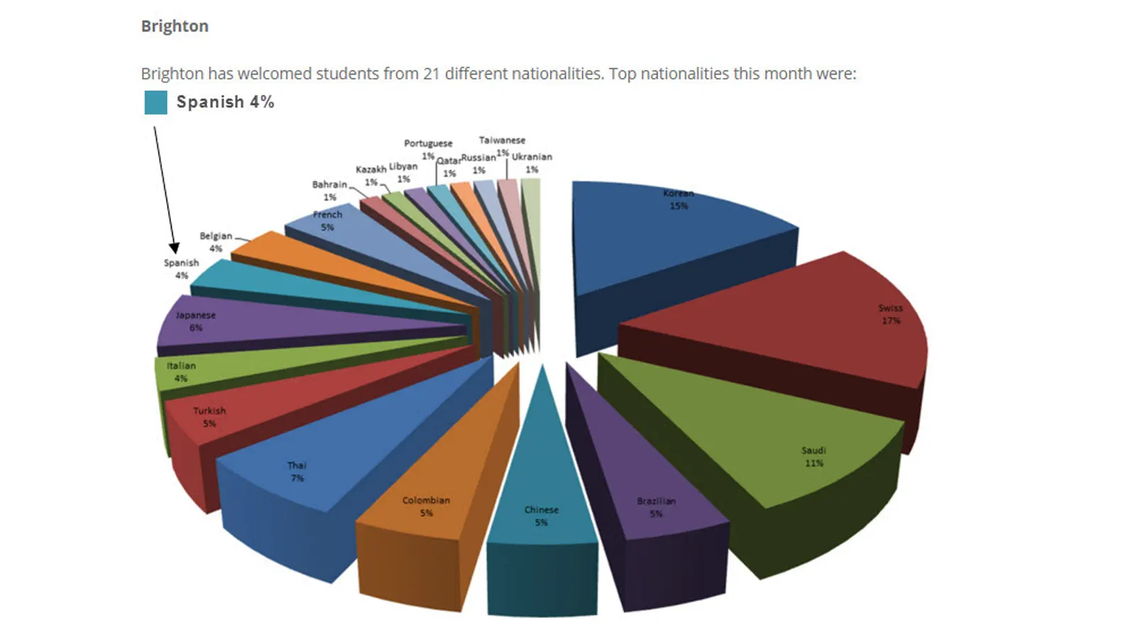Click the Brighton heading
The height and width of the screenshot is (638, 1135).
[175, 26]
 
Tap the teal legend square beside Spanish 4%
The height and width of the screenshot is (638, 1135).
[155, 102]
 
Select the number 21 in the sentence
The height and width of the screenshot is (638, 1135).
[431, 74]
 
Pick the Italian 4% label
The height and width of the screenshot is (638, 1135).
[181, 372]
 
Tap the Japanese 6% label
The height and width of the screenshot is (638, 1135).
[196, 321]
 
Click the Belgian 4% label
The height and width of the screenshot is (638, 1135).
[216, 242]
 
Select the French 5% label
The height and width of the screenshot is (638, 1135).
[327, 220]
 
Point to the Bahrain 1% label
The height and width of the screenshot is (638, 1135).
[330, 191]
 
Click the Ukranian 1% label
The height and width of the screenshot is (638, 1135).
[532, 163]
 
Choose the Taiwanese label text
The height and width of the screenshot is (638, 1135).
[502, 140]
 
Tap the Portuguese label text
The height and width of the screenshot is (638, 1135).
[428, 143]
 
